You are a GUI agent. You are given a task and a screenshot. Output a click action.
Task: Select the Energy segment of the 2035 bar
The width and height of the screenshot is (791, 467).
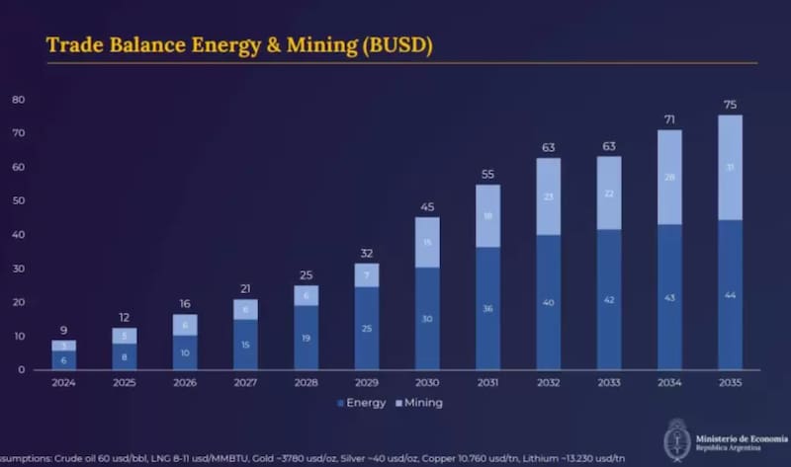[730, 294]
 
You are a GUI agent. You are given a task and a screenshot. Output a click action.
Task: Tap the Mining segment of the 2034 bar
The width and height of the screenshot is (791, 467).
[669, 177]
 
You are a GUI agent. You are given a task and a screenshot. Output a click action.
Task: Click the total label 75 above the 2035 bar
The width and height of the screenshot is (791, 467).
[730, 105]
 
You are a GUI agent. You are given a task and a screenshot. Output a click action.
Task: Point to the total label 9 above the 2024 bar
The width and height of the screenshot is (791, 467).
[63, 330]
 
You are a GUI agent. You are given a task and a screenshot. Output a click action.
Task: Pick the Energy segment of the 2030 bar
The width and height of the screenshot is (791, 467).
[427, 318]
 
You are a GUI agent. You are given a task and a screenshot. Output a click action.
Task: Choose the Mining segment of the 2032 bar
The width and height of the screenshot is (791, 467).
[549, 196]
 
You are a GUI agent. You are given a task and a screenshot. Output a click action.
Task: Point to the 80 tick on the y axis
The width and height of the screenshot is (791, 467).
[18, 100]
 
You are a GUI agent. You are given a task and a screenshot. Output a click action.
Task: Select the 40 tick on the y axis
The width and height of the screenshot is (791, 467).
[18, 235]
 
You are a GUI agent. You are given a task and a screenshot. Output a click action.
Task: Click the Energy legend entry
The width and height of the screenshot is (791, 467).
[363, 403]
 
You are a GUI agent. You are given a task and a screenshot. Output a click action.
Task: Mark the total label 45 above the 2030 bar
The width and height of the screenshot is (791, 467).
[427, 207]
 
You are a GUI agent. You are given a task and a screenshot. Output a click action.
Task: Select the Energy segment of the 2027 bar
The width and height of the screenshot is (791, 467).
[245, 344]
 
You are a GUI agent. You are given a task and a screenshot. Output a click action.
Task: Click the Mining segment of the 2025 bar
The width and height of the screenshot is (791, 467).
[125, 336]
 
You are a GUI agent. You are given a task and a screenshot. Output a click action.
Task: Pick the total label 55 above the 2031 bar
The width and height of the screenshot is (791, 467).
[487, 174]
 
